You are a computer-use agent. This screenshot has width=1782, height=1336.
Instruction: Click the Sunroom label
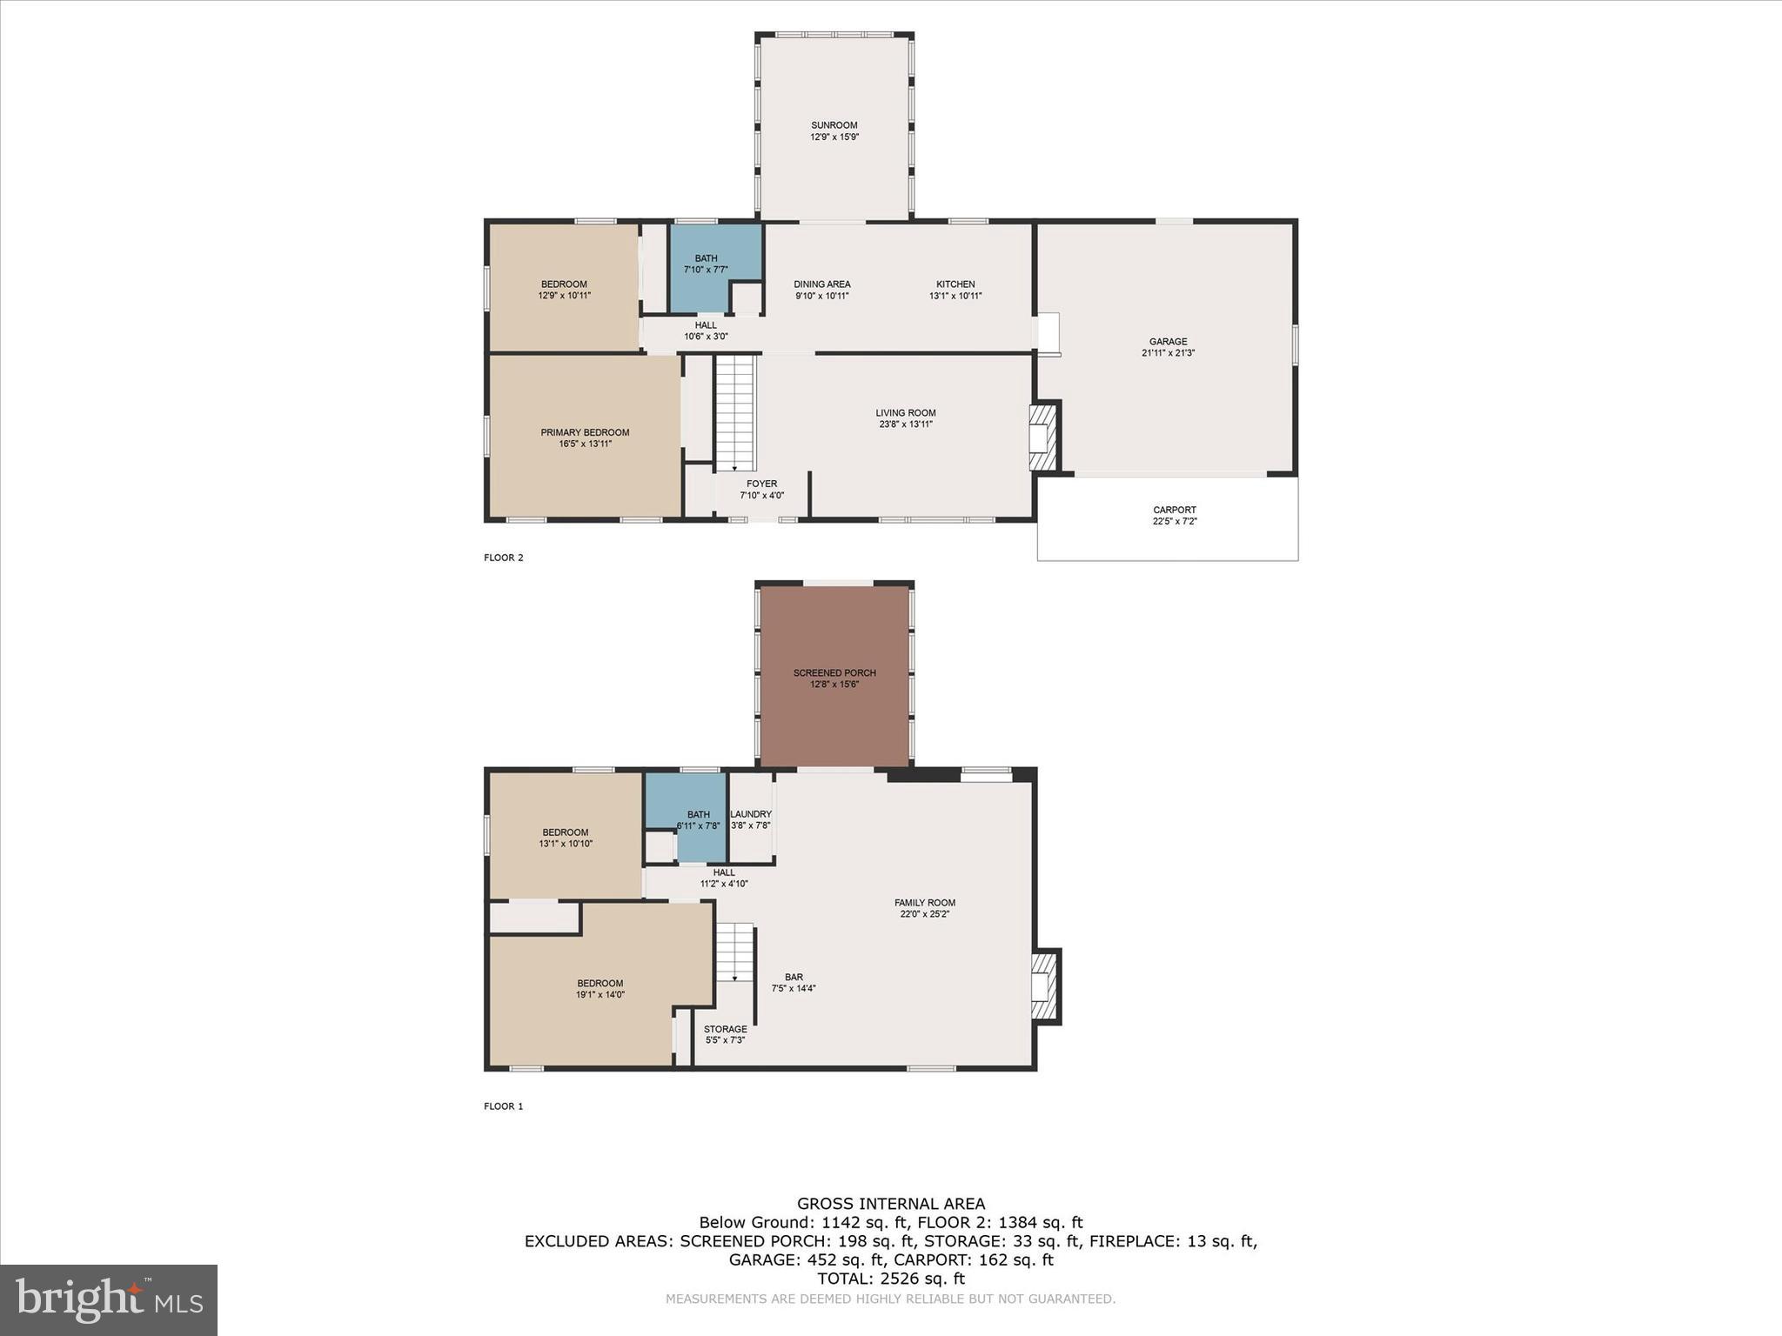(x=834, y=125)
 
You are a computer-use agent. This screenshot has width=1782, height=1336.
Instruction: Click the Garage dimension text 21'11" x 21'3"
(x=1168, y=353)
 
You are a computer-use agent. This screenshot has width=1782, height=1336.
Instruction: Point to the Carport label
(x=1174, y=510)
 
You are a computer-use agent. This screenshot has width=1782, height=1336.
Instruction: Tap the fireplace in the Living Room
(x=1042, y=436)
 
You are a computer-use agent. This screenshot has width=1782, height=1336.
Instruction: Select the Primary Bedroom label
(x=585, y=432)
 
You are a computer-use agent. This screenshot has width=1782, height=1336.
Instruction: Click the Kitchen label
(x=955, y=284)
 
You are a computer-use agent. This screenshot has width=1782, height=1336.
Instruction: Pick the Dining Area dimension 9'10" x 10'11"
(x=821, y=296)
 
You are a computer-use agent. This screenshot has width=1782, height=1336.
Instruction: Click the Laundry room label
(x=751, y=814)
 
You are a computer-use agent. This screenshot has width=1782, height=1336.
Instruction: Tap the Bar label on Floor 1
(x=794, y=977)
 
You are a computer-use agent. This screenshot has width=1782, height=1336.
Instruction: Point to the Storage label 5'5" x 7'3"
(x=725, y=1035)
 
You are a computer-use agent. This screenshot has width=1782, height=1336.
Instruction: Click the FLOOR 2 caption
(x=503, y=558)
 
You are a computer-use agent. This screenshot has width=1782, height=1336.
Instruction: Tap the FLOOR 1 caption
(x=503, y=1106)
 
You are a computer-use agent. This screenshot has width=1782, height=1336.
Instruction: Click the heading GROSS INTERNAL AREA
(x=891, y=1204)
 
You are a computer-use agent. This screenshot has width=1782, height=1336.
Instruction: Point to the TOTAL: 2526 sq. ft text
(x=891, y=1279)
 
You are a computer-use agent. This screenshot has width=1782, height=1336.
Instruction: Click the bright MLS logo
(x=109, y=1300)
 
